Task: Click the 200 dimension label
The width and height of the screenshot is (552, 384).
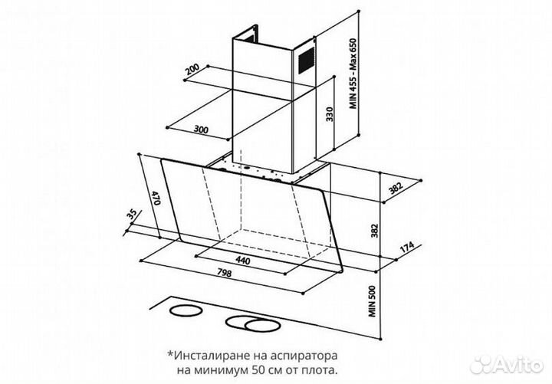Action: (x=192, y=71)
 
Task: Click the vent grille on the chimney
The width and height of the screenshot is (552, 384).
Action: (x=305, y=56)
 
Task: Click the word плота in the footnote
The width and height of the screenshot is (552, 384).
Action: (x=321, y=370)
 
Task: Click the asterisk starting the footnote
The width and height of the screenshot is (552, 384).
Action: (x=169, y=355)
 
